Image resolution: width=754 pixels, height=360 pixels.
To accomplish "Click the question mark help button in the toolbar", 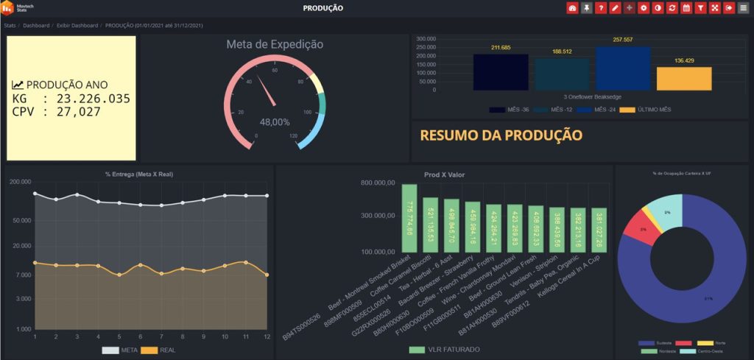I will pyautogui.click(x=600, y=8).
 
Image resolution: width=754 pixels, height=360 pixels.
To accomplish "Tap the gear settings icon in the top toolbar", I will pyautogui.click(x=643, y=8).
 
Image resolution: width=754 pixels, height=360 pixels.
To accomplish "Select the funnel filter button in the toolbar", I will pyautogui.click(x=700, y=8).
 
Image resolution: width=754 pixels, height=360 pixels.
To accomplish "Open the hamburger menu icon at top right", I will pyautogui.click(x=743, y=8).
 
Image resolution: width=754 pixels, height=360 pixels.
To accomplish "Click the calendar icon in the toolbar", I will pyautogui.click(x=686, y=8).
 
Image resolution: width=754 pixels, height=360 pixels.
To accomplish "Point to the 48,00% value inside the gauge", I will pyautogui.click(x=275, y=122).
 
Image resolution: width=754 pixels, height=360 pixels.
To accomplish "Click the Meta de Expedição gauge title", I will pyautogui.click(x=275, y=44).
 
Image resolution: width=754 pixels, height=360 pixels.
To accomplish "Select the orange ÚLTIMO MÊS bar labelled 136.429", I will pyautogui.click(x=684, y=78).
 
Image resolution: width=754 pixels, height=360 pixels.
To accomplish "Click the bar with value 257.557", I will pyautogui.click(x=623, y=68).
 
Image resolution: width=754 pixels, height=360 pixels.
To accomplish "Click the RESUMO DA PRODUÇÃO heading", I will pyautogui.click(x=501, y=135).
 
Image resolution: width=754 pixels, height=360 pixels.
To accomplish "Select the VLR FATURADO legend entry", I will pyautogui.click(x=445, y=349).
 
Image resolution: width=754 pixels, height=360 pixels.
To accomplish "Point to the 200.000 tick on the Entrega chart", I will pyautogui.click(x=20, y=181).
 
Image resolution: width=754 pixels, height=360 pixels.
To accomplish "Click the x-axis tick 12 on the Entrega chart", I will pyautogui.click(x=267, y=336).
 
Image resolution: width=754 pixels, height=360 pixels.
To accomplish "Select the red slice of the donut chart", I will pyautogui.click(x=635, y=233).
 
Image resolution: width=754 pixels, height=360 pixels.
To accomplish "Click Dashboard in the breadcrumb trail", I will pyautogui.click(x=36, y=25).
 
